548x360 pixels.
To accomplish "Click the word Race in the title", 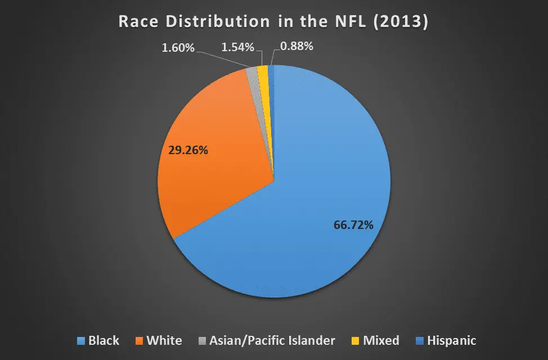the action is (138, 21).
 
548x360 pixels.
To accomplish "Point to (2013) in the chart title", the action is (401, 22).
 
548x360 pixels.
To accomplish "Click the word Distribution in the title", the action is (218, 21).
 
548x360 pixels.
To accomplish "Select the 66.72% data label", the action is (353, 225).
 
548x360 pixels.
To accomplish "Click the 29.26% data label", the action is (188, 150).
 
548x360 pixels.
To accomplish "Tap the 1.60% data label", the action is (178, 48).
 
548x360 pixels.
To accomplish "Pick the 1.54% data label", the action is (237, 47).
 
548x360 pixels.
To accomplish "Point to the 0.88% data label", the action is (297, 46).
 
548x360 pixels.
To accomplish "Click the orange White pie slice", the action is (210, 154).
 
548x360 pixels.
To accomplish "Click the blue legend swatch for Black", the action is (81, 341).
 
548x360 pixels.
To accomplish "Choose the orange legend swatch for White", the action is (139, 341).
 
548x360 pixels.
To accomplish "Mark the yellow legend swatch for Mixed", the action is (356, 341).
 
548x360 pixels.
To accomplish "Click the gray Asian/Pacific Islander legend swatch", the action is (202, 341).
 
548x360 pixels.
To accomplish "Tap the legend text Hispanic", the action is (452, 341).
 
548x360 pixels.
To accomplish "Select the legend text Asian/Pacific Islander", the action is (272, 341).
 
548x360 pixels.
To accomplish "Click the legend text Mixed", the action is (381, 341).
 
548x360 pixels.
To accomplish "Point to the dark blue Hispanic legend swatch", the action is (420, 341).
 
